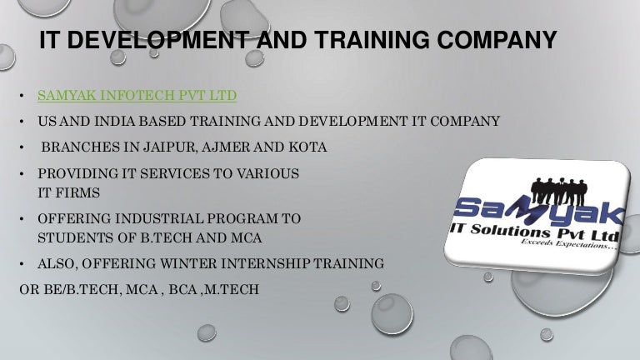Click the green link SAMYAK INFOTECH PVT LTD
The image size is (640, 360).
(137, 96)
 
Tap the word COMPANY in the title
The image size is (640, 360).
(497, 40)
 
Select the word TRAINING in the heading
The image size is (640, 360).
(372, 40)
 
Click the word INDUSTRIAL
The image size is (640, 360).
(159, 218)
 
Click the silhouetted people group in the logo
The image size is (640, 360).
(558, 191)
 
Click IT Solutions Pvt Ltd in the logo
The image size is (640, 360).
(535, 231)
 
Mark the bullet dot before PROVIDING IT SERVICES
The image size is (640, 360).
(22, 174)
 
